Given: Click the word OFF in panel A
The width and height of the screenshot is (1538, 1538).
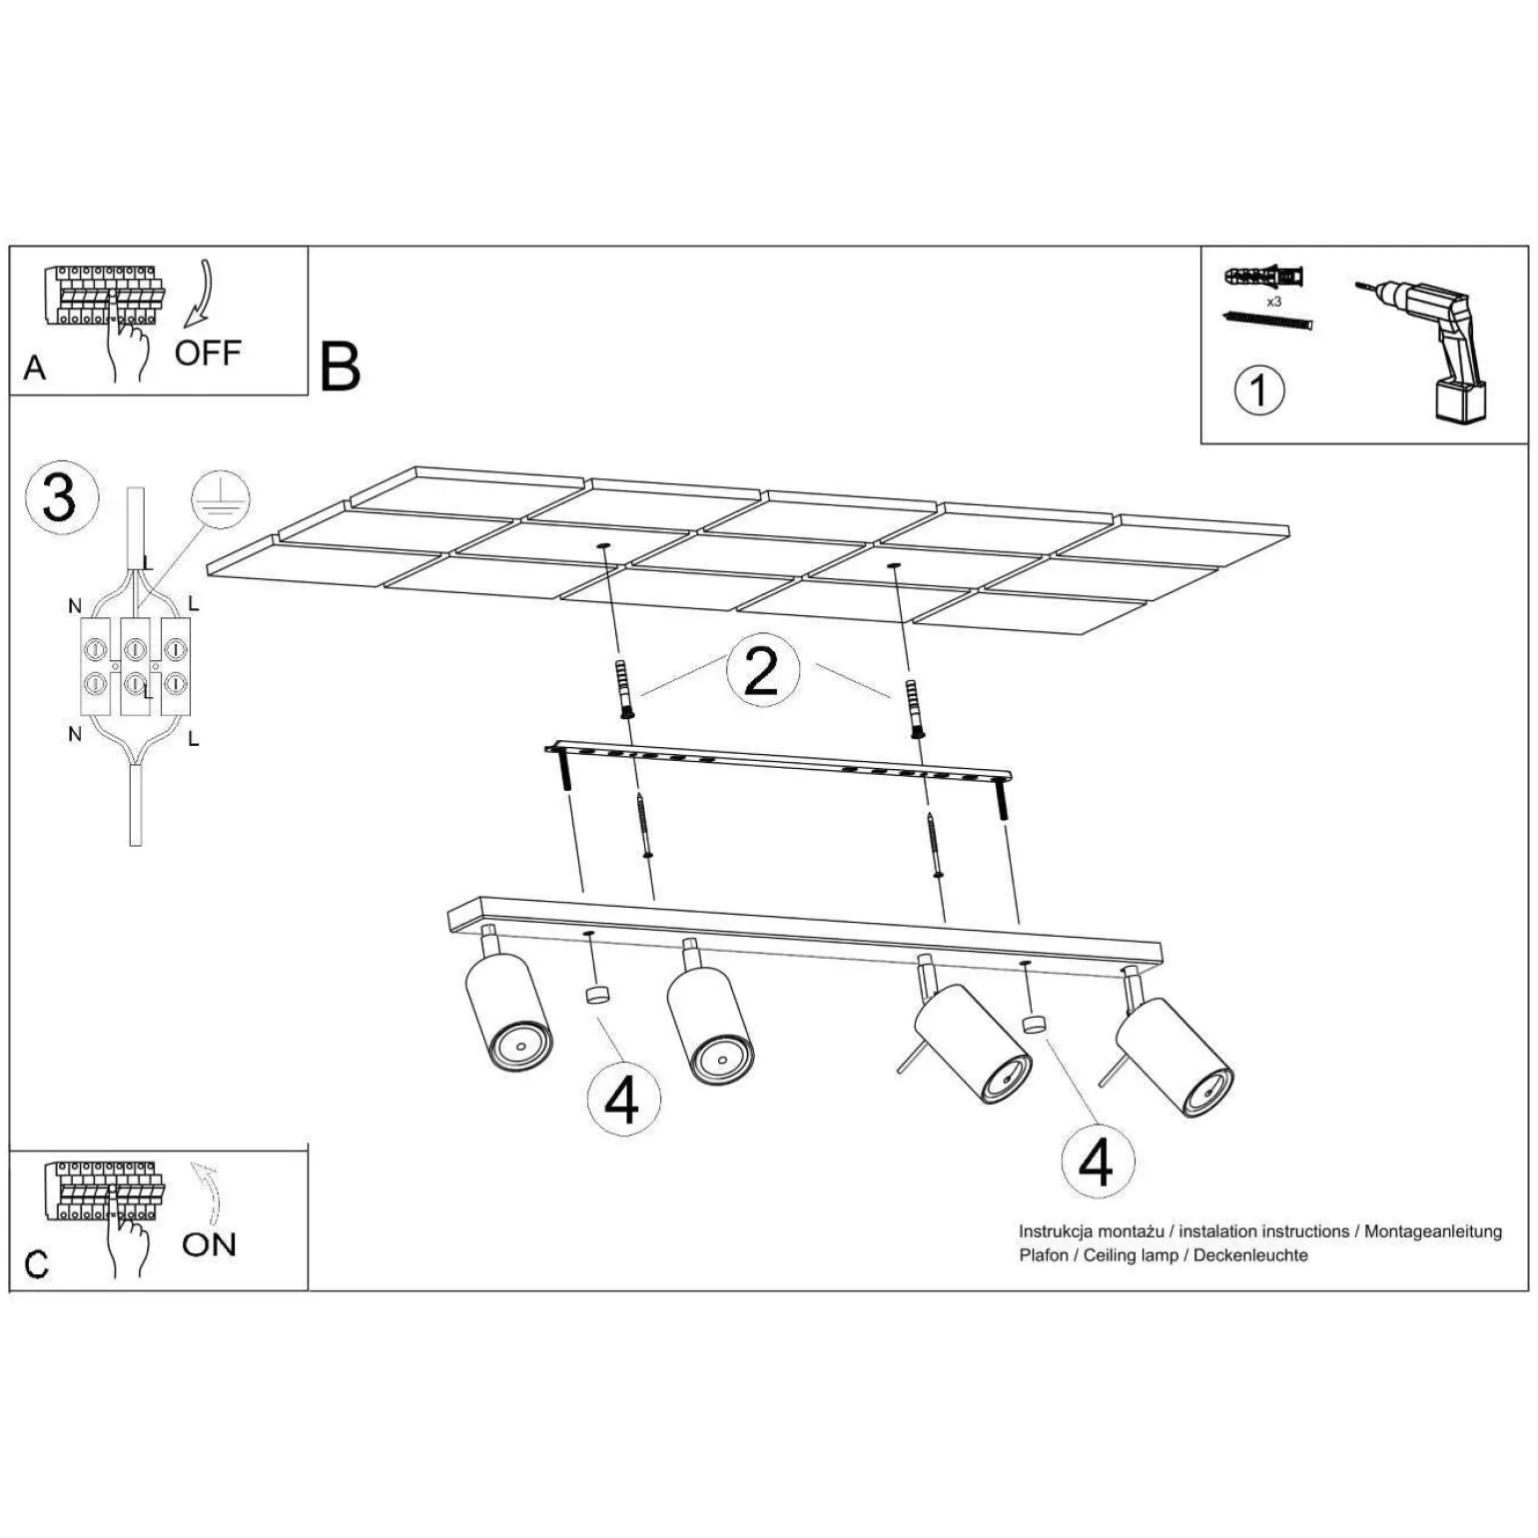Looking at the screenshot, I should pos(207,353).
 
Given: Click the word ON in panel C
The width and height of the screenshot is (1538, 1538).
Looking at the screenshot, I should pos(209,1244).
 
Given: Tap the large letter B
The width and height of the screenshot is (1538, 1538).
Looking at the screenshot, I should pos(340,367).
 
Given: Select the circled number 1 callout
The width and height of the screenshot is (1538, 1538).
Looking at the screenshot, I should pos(1258,389).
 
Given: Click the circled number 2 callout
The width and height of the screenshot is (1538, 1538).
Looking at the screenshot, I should pos(761,671).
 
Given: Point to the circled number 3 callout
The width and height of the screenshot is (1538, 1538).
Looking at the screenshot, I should pos(60,496).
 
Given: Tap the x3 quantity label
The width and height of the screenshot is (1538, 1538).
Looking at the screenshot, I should pos(1273,301).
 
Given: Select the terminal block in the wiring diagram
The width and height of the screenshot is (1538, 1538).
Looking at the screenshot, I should pos(135,666).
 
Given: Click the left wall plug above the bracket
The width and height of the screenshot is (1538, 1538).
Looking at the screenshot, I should pos(627,689).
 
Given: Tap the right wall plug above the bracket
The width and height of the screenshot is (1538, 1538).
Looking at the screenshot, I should pos(914,707).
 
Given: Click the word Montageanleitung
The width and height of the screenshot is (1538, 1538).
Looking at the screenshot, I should pos(1432,1231).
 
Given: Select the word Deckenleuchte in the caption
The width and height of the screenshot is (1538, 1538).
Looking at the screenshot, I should pos(1250,1255).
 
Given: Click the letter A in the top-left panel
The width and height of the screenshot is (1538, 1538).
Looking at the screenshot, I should pos(35,368).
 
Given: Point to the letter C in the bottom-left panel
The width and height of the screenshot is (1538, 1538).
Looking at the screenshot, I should pos(36,1264).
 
